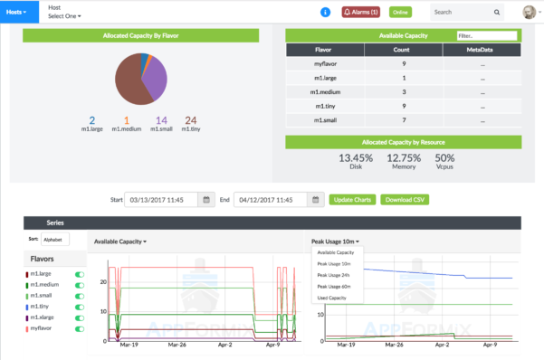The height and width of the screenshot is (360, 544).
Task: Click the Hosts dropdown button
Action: click(18, 12)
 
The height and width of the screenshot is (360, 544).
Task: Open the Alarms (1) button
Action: click(361, 12)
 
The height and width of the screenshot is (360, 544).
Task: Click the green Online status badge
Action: click(401, 12)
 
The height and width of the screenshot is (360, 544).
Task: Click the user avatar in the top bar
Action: click(529, 12)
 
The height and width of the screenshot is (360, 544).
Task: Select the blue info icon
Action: click(325, 12)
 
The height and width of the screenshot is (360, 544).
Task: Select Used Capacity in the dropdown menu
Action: click(332, 297)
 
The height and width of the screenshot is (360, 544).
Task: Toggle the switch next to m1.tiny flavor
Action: click(78, 306)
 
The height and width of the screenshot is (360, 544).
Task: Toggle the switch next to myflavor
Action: click(78, 328)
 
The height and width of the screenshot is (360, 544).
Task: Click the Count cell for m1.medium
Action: click(403, 91)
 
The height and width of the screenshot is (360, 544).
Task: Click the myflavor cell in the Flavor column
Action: click(325, 64)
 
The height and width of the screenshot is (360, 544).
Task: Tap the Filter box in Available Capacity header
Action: click(486, 35)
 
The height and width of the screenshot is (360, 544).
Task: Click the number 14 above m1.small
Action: click(161, 119)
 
